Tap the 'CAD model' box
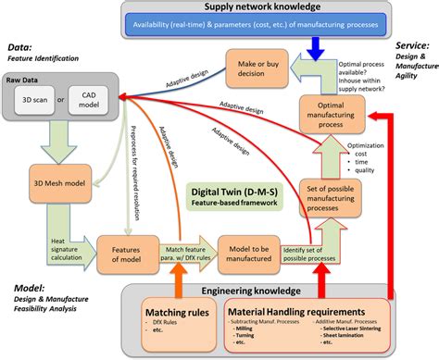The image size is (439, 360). click(90, 100)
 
